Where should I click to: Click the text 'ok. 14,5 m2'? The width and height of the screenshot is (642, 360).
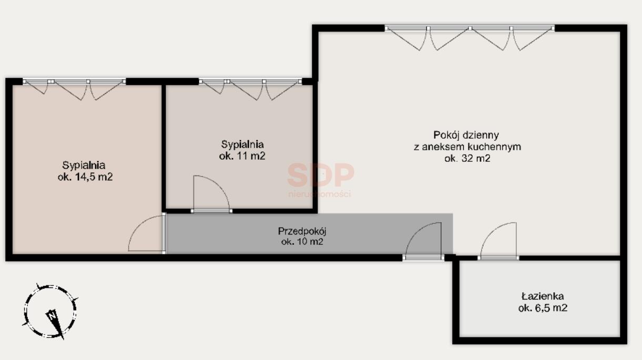coord(85,177)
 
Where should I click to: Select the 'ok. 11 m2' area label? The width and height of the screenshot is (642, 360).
coord(242,156)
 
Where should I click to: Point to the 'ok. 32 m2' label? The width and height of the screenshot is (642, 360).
coord(467,158)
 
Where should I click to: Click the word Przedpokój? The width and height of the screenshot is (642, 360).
coord(302,231)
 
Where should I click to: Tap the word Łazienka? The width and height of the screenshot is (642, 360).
coord(543,296)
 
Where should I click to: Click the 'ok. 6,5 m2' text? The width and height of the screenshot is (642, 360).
coord(543,308)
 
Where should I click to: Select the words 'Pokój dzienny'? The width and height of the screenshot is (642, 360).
coord(466,135)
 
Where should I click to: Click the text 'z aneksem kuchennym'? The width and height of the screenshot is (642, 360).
coord(467,147)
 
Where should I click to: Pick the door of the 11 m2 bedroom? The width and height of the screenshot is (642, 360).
coord(211,194)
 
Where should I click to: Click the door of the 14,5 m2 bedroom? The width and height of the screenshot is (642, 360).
coord(147,233)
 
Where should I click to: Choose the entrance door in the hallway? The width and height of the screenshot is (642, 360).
coord(423,241)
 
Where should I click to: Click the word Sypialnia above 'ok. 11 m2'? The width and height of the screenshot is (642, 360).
coord(242,145)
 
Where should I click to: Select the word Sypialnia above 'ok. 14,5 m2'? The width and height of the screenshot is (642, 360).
coord(84,166)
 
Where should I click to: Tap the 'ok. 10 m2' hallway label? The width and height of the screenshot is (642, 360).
coord(302,242)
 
